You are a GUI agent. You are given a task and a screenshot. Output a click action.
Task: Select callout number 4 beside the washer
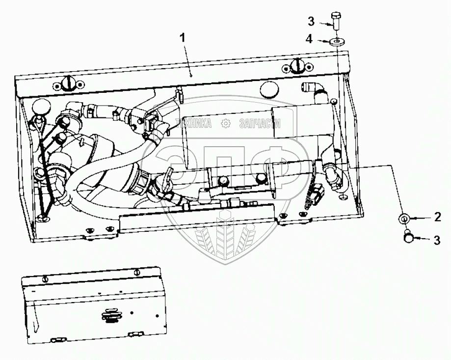tap(309, 39)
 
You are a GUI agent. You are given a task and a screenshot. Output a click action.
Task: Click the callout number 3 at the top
tap(311, 21)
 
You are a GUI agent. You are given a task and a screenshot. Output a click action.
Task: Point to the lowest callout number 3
tap(436, 240)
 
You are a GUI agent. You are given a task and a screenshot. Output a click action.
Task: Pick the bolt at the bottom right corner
tap(407, 237)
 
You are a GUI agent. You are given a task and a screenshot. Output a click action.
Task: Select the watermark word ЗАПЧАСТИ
tap(259, 124)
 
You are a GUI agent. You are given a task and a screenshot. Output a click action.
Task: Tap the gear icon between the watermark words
tap(226, 124)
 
